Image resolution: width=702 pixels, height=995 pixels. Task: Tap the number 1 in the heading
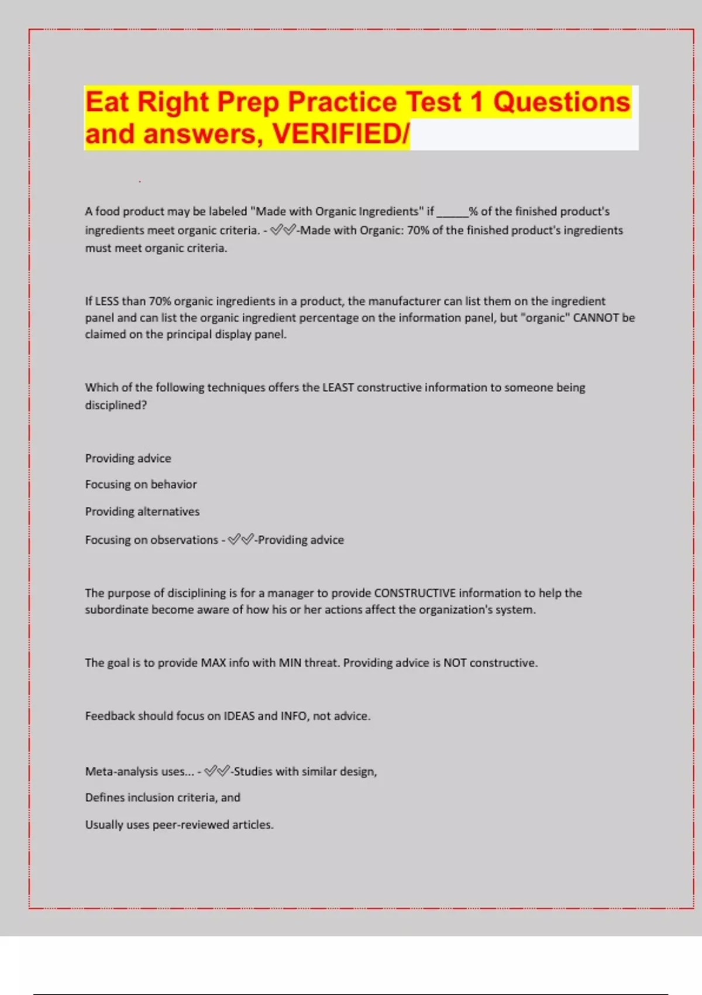click(x=477, y=102)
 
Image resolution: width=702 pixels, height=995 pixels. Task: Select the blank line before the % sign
click(x=452, y=212)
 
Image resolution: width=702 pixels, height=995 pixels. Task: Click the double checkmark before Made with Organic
click(x=283, y=230)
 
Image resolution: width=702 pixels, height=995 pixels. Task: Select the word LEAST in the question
click(x=338, y=387)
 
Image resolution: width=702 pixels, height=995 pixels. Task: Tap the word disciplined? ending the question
click(x=116, y=405)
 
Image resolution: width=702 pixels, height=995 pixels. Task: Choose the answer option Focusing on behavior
click(x=141, y=485)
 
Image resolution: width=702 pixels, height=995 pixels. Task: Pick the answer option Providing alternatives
click(x=142, y=512)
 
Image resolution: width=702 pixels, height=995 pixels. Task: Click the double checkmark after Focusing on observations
click(x=240, y=540)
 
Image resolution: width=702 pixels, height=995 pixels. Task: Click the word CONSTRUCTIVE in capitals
click(x=415, y=593)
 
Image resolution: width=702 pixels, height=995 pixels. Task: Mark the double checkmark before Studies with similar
click(x=216, y=771)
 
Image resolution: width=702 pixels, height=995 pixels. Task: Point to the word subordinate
click(x=116, y=610)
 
